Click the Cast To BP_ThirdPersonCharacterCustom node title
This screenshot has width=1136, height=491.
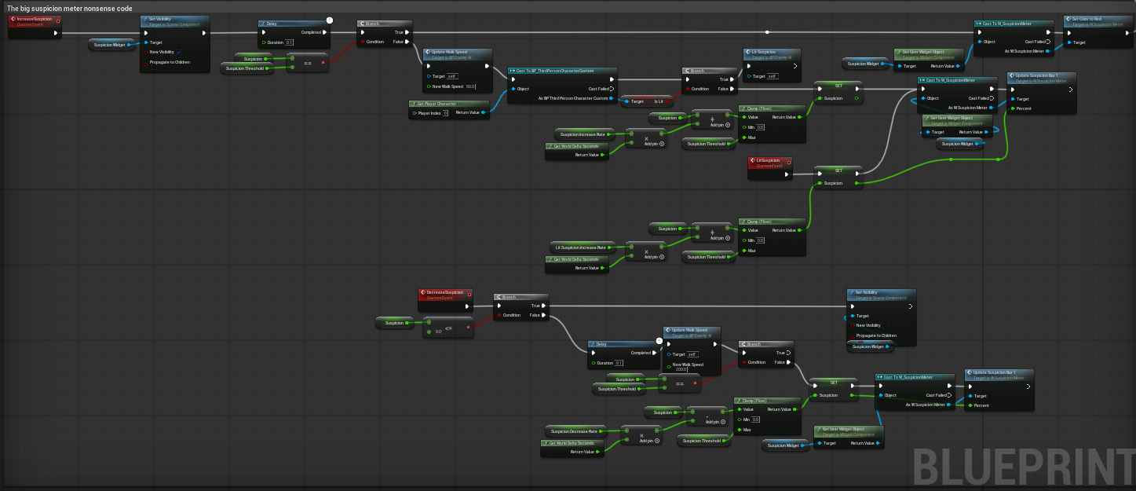[x=561, y=71]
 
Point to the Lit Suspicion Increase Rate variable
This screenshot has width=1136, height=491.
[x=582, y=247]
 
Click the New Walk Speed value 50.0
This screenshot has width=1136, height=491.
[x=470, y=86]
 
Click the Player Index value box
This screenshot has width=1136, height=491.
[x=444, y=113]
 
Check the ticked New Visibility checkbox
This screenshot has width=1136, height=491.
[x=179, y=52]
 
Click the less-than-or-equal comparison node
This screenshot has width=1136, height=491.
[x=448, y=327]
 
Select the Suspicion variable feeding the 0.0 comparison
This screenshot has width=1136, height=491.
[x=395, y=323]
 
